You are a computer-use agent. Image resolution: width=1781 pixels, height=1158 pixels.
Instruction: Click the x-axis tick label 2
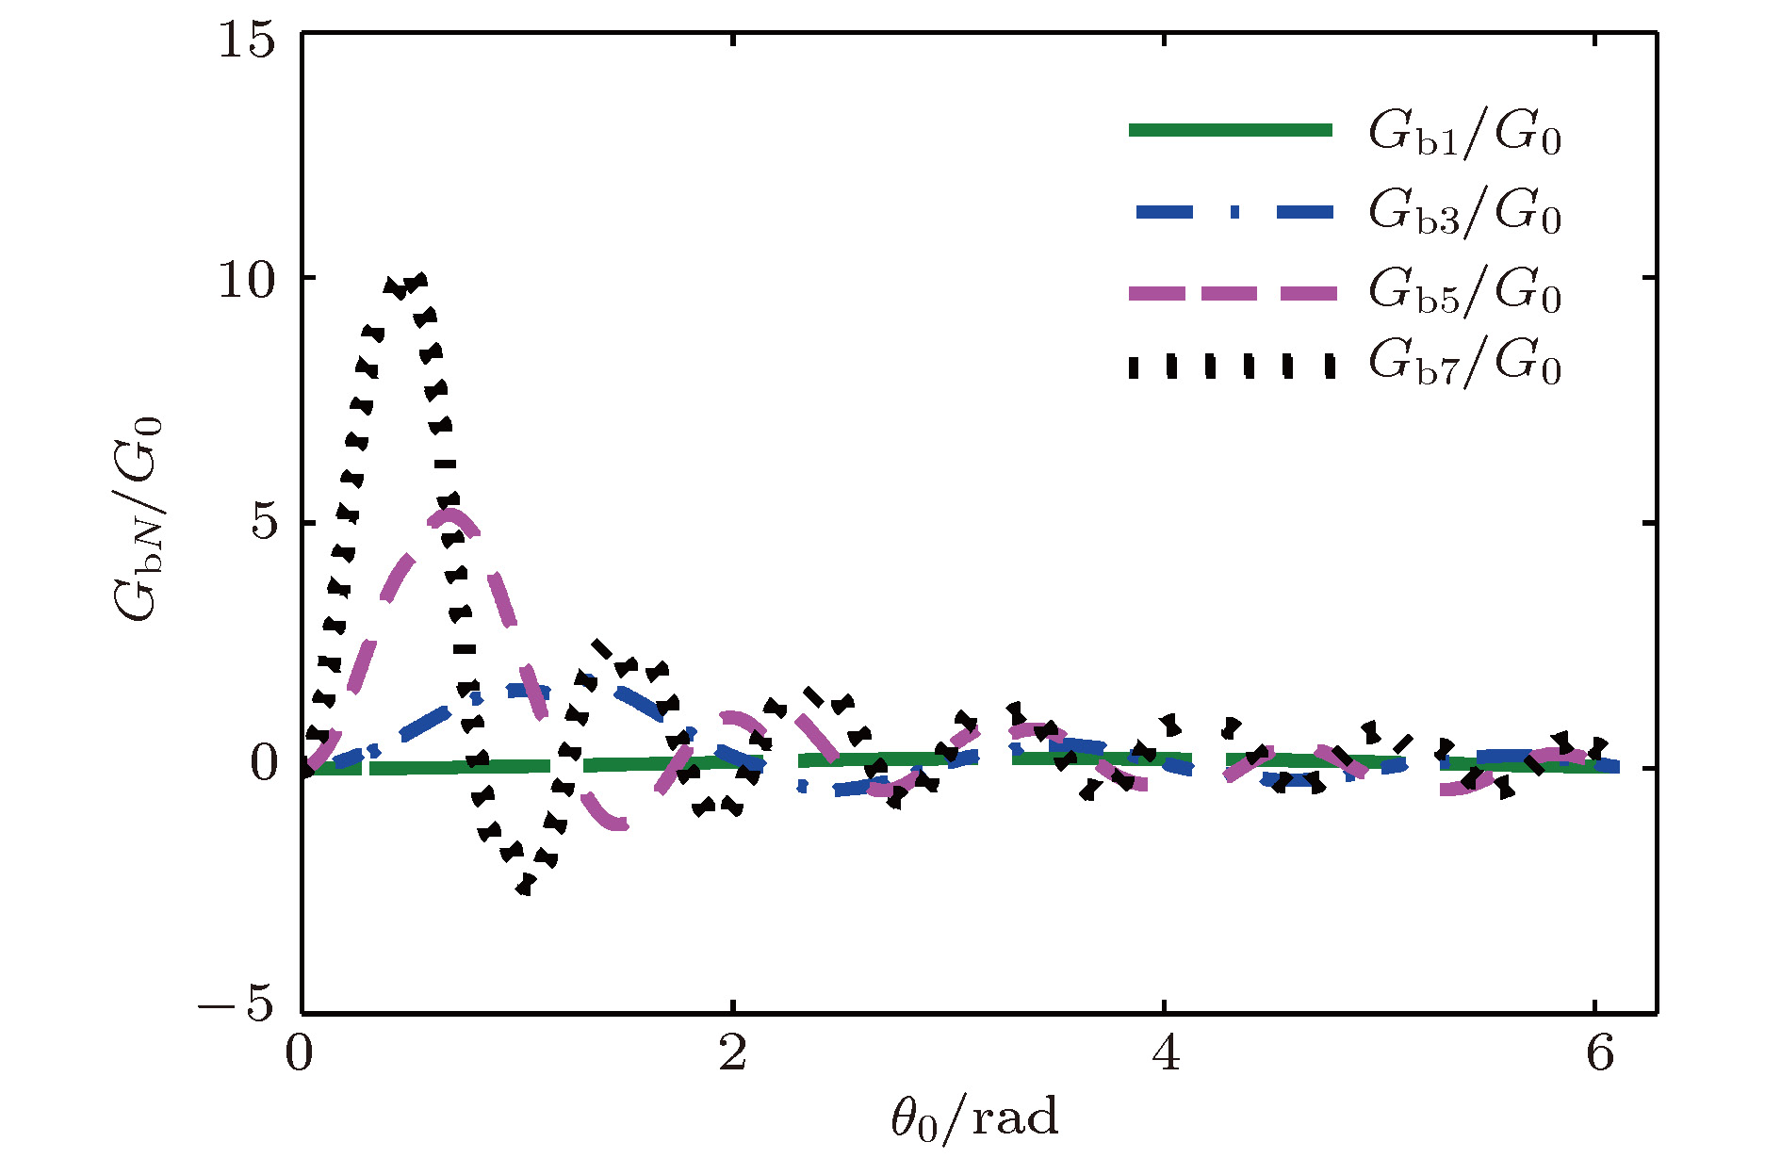coord(733,1052)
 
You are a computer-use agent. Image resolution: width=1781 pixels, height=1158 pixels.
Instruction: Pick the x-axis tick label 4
coord(1166,1052)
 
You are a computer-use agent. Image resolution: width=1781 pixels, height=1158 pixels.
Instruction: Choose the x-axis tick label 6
coord(1599,1052)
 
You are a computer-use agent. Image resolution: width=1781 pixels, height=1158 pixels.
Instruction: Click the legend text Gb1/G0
coord(1464,134)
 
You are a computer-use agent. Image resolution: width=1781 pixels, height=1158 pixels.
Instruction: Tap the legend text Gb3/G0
coord(1464,212)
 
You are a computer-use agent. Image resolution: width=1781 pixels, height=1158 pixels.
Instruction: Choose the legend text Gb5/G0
coord(1464,291)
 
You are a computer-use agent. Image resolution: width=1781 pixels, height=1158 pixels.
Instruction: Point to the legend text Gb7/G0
coord(1464,363)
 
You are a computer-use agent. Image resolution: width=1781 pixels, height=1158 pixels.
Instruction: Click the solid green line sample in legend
coord(1231,131)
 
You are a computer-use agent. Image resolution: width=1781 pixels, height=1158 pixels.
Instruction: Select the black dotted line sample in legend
coord(1231,366)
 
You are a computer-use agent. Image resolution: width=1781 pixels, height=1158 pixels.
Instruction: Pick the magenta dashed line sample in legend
coord(1231,293)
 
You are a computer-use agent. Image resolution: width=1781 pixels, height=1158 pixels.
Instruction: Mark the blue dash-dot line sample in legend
coord(1231,213)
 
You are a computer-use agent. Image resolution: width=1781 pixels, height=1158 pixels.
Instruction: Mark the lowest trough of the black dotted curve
coord(525,886)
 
